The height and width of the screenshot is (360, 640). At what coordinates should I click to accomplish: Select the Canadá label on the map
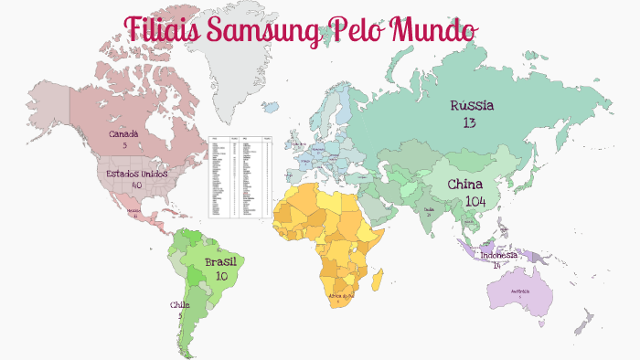tap(123, 133)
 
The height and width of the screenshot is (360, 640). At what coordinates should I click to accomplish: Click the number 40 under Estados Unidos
tap(136, 185)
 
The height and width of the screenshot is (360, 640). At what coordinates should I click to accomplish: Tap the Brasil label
tap(221, 262)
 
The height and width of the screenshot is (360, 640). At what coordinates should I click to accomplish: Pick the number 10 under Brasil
tap(221, 275)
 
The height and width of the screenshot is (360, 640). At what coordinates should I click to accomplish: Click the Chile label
tap(179, 304)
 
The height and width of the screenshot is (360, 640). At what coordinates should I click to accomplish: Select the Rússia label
tap(472, 106)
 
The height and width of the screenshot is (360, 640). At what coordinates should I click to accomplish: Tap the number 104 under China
tap(475, 201)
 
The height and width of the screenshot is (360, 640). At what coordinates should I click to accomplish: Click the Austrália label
tap(520, 292)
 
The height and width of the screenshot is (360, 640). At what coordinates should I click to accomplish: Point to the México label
tap(134, 211)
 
